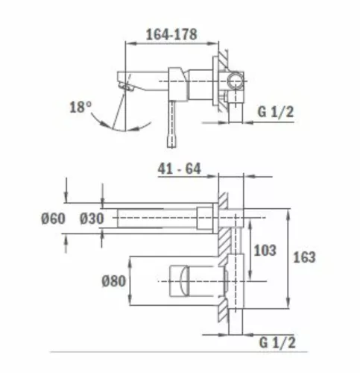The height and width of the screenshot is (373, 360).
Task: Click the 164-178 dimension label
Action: pyautogui.click(x=171, y=34)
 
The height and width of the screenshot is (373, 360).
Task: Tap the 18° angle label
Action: pyautogui.click(x=80, y=107)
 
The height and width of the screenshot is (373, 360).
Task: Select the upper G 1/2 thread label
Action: pyautogui.click(x=276, y=112)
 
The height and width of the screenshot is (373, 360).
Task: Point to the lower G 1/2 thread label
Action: pyautogui.click(x=277, y=342)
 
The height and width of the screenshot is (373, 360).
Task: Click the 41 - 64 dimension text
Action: pyautogui.click(x=179, y=169)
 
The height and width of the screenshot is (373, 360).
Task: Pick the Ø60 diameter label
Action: pyautogui.click(x=53, y=219)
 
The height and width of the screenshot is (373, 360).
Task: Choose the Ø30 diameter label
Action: pyautogui.click(x=92, y=219)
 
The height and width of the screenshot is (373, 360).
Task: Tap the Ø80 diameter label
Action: pyautogui.click(x=113, y=281)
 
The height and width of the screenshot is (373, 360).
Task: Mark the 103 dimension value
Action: pyautogui.click(x=265, y=250)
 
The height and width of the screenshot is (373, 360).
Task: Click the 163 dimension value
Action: pyautogui.click(x=304, y=257)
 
